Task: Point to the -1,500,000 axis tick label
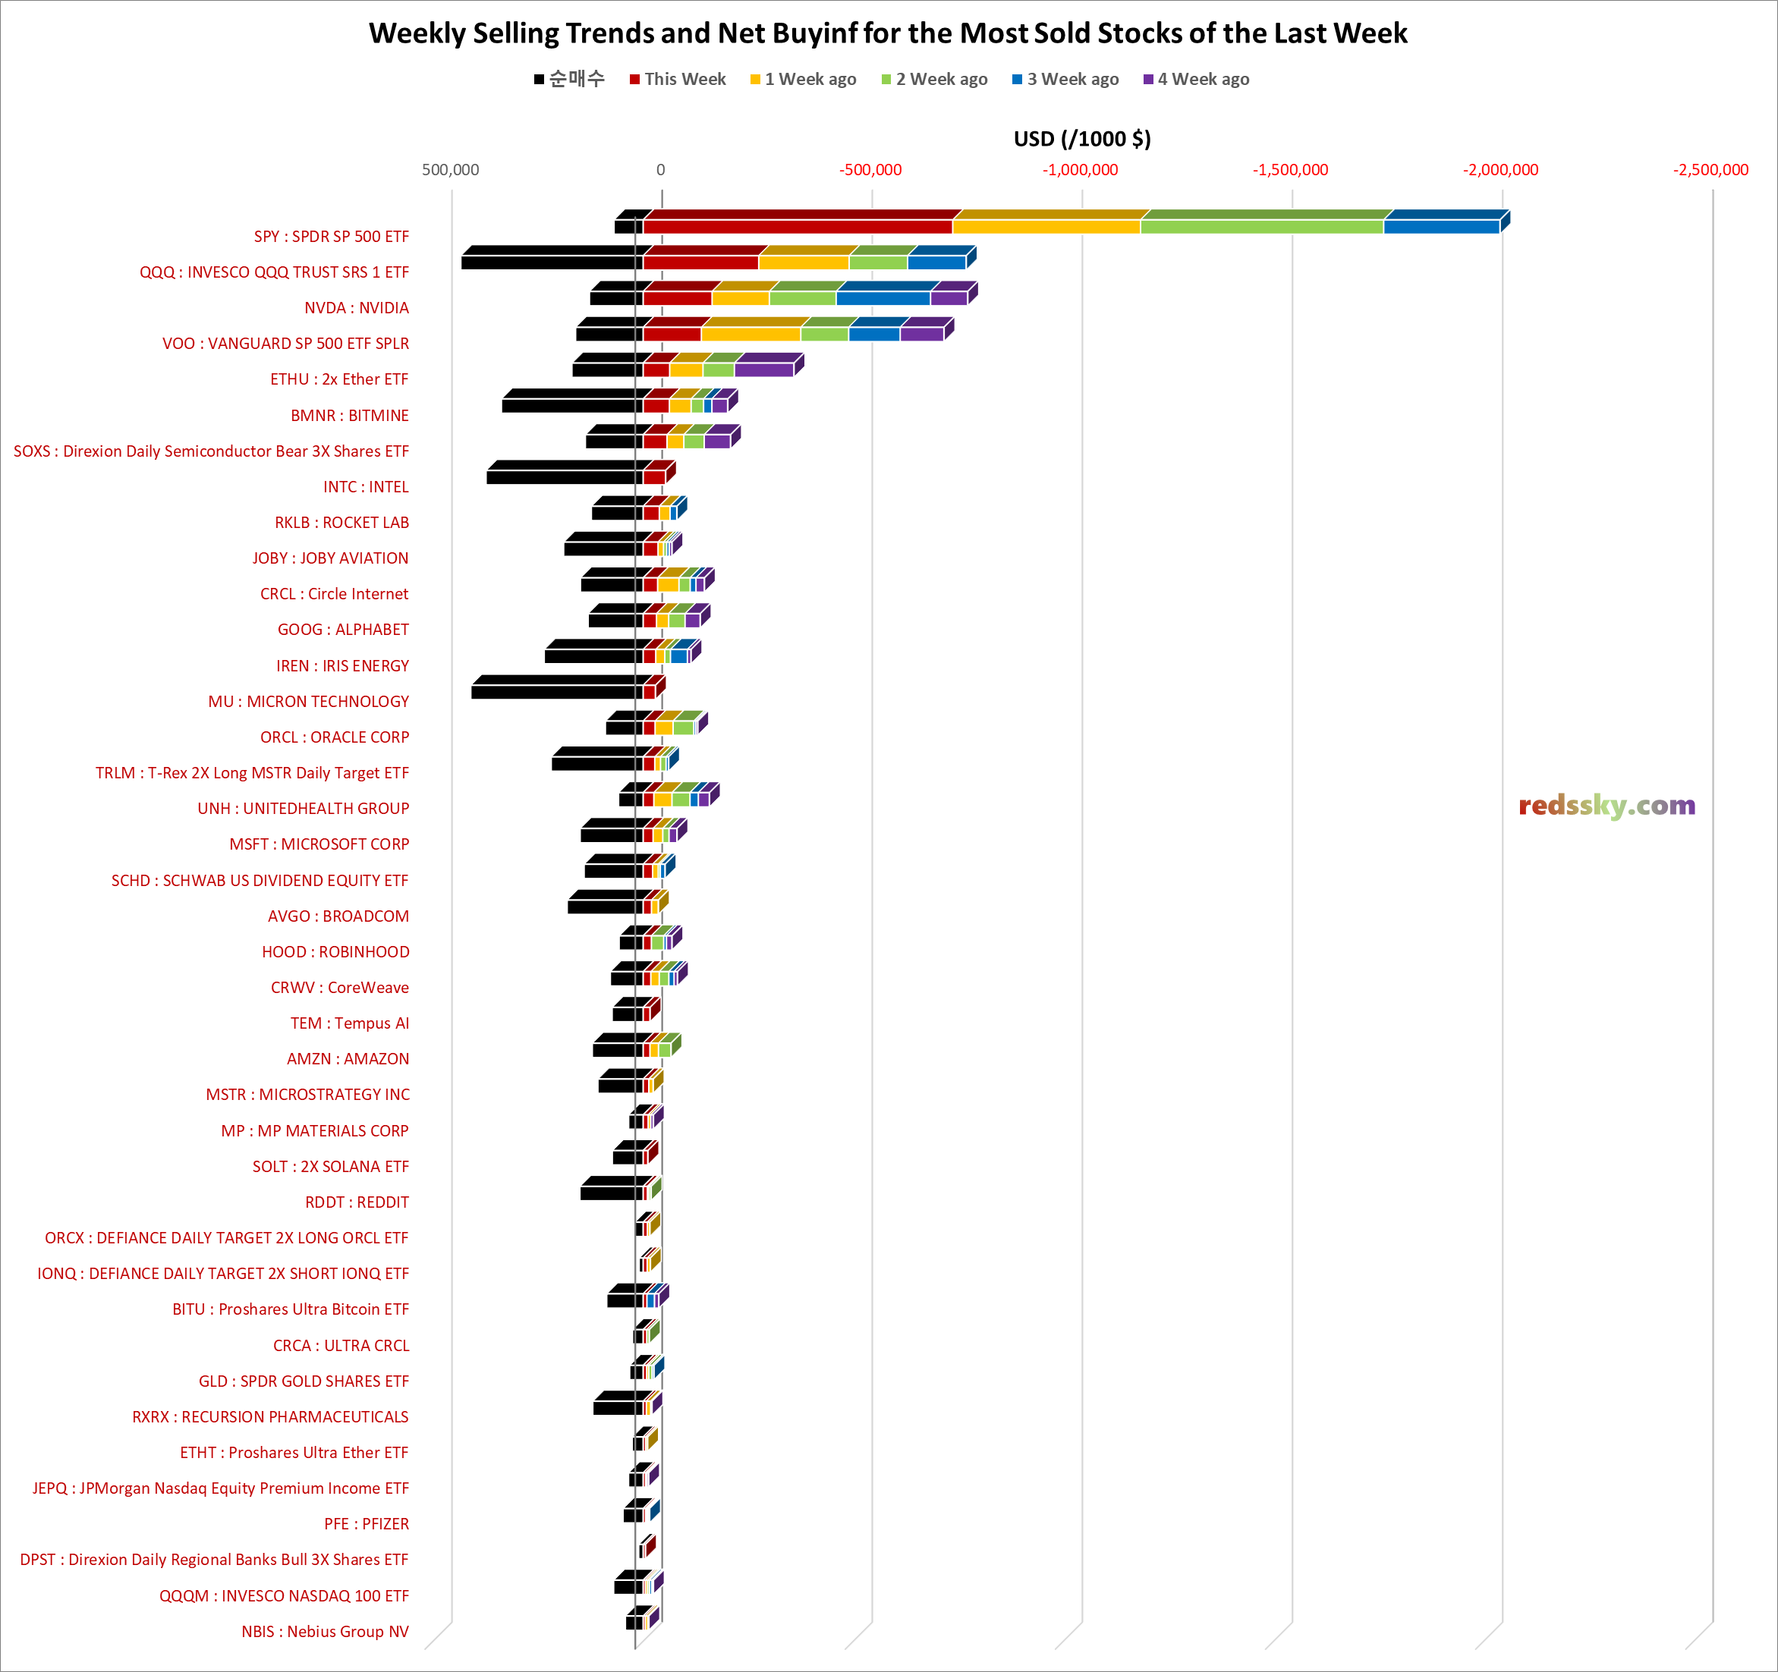click(1290, 170)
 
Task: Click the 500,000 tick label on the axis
click(450, 170)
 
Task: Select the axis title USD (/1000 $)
click(1081, 139)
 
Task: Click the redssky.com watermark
click(1606, 806)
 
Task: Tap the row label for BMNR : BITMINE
click(349, 416)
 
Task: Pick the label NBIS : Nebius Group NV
click(325, 1632)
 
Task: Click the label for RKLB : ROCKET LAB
click(341, 523)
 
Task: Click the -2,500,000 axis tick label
click(1710, 170)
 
